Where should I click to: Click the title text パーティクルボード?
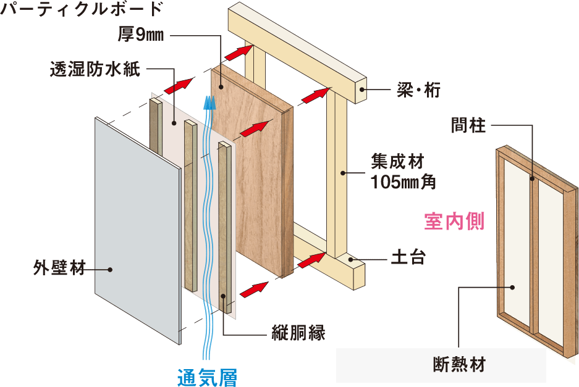[x=81, y=9]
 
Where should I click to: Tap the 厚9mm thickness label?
[x=141, y=35]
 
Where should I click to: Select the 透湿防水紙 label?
[x=95, y=69]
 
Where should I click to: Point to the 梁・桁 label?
[x=418, y=89]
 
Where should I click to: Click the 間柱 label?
[x=468, y=125]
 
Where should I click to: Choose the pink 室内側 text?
[x=454, y=222]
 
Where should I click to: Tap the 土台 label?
[x=408, y=257]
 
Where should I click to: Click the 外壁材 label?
[x=59, y=268]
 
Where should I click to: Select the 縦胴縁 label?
[x=298, y=333]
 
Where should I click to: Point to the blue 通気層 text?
[x=207, y=377]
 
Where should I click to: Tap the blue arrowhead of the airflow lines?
[x=210, y=102]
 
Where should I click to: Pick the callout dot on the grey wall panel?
[x=110, y=270]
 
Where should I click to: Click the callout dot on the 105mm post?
[x=343, y=173]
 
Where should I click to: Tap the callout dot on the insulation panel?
[x=512, y=288]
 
